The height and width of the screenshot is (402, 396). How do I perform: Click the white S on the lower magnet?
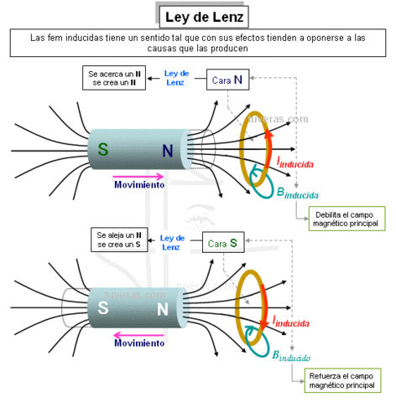pos(103,307)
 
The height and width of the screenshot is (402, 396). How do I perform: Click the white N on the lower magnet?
pos(163,307)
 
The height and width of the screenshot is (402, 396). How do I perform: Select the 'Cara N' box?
pos(230,80)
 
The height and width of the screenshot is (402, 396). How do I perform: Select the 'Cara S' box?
pos(225,244)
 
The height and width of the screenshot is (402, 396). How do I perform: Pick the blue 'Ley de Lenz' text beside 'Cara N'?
pos(176,78)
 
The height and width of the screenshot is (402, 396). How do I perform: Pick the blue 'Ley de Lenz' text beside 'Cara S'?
pos(172,242)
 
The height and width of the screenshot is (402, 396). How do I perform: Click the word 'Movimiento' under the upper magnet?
pos(139,185)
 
